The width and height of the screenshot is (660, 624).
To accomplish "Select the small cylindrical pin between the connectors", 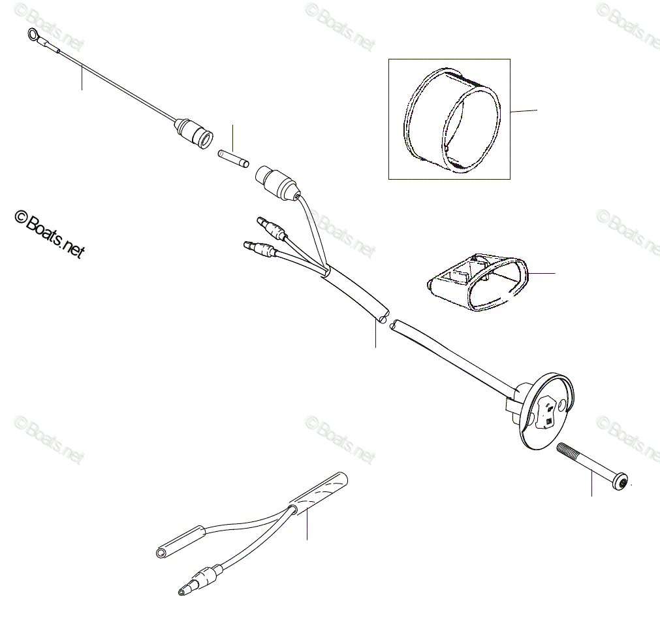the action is point(232,157).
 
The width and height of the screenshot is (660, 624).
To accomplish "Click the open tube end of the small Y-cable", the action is point(161,552).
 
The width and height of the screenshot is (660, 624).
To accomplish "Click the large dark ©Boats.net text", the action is point(50,234).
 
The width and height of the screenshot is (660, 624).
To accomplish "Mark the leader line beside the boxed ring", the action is point(524,112).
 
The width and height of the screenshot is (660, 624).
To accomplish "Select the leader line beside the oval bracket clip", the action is point(541,272).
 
